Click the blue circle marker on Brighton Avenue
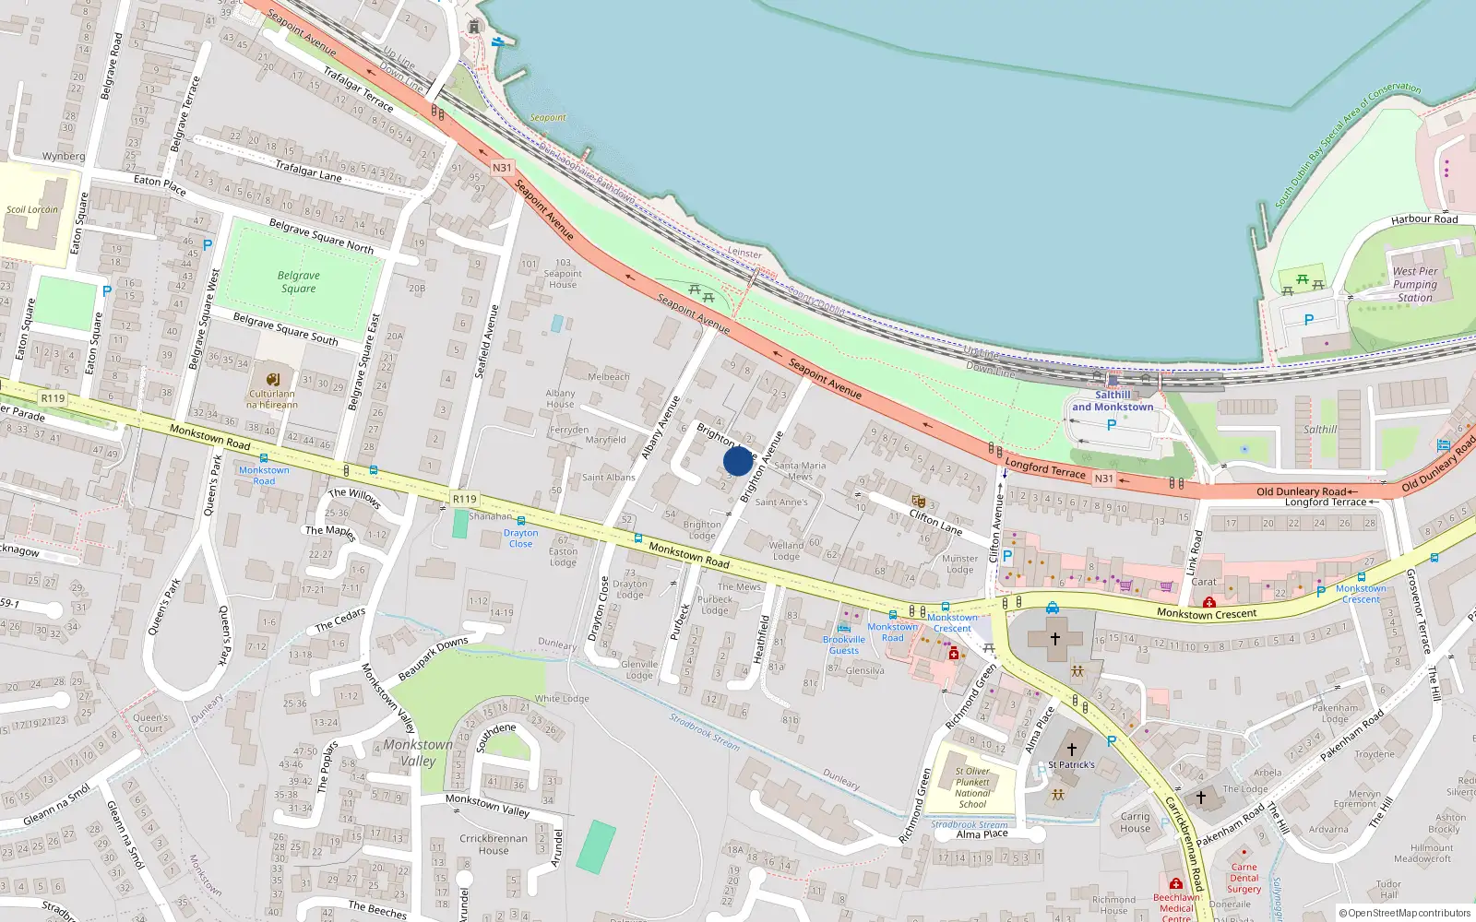(738, 461)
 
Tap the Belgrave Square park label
(298, 282)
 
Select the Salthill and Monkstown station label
(1113, 401)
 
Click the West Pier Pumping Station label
(1415, 284)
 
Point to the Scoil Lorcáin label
(32, 209)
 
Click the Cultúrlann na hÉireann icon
(272, 380)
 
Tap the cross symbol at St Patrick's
(1072, 750)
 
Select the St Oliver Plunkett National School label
(972, 787)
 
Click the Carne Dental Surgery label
(1244, 878)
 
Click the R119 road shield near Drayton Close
(464, 499)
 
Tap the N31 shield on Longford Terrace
(1103, 479)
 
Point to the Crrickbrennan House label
(494, 844)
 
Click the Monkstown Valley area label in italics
(418, 752)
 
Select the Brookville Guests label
(844, 644)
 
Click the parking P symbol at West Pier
(1308, 320)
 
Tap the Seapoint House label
(563, 278)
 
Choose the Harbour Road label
(1424, 219)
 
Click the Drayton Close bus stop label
(520, 538)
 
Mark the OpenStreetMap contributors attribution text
(1409, 913)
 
